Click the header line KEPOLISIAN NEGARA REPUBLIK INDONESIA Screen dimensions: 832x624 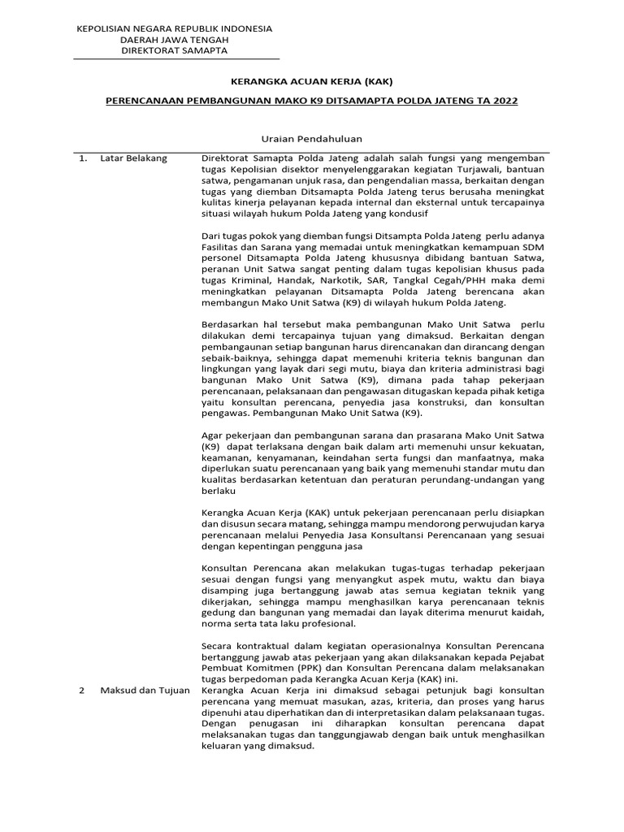pyautogui.click(x=174, y=28)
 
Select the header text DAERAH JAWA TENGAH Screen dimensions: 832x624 pyautogui.click(x=174, y=40)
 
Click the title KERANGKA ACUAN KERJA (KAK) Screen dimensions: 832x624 pyautogui.click(x=312, y=82)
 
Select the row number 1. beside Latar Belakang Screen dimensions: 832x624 pyautogui.click(x=83, y=158)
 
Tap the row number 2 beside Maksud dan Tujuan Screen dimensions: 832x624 pyautogui.click(x=81, y=690)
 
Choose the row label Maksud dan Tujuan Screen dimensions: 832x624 pyautogui.click(x=145, y=690)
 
